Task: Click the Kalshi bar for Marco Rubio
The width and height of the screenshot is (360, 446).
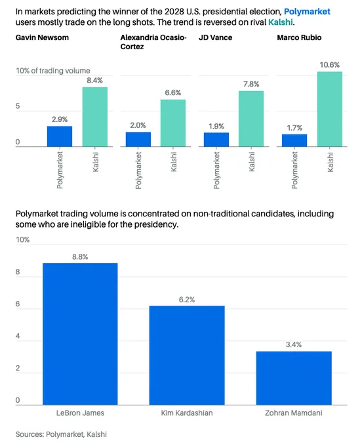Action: click(330, 110)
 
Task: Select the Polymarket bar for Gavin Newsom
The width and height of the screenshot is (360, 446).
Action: click(60, 136)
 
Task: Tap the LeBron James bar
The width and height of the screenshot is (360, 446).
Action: click(80, 334)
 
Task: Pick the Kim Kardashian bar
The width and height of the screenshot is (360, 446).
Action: click(187, 355)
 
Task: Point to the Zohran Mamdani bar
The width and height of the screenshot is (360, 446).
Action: click(294, 378)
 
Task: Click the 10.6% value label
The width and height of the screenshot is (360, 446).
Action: click(330, 65)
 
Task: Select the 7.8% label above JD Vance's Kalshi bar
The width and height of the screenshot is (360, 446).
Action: click(251, 84)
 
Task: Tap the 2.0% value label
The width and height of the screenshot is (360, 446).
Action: click(138, 125)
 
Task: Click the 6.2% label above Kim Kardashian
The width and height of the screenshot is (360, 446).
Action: click(187, 300)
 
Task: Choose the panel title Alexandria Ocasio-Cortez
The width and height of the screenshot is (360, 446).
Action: click(153, 42)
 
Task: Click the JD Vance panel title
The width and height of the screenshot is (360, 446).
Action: click(216, 37)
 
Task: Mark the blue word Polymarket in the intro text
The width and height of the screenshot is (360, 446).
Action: click(307, 12)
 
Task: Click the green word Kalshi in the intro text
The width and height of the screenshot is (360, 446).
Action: click(281, 22)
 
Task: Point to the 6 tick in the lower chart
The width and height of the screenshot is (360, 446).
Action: click(18, 304)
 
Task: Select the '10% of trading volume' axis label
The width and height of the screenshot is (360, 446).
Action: click(53, 71)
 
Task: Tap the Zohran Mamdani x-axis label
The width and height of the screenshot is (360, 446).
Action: click(294, 413)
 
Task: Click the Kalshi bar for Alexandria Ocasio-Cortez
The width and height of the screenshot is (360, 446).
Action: click(173, 123)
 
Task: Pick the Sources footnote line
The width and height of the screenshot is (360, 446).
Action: click(61, 434)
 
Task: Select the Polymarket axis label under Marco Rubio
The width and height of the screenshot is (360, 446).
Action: click(294, 170)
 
